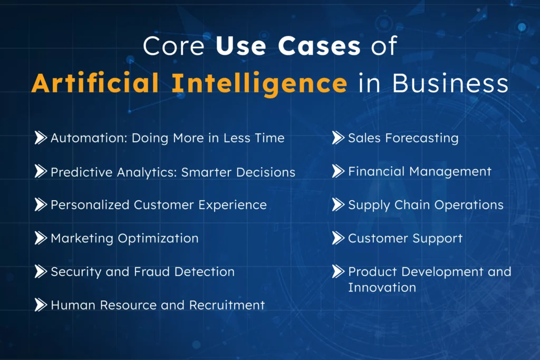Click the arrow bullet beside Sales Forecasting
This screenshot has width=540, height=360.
pos(338,138)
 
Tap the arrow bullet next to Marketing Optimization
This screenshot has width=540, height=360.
pos(41,238)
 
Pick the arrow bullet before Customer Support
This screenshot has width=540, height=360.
pos(338,238)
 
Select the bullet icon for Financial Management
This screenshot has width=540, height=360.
pos(338,171)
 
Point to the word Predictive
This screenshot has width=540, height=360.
pos(75,172)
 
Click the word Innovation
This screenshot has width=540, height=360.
pos(382,287)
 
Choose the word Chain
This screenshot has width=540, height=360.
pos(404,205)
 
